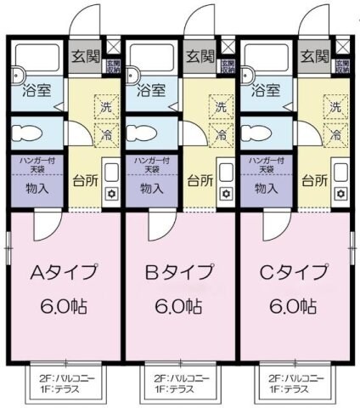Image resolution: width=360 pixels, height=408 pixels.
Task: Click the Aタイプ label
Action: [x=65, y=274]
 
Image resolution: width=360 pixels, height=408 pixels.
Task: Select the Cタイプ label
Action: [x=293, y=274]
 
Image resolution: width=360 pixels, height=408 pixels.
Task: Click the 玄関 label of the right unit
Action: [x=314, y=57]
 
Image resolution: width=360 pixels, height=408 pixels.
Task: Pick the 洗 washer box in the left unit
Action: [x=106, y=108]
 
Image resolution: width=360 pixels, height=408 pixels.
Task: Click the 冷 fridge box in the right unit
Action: [x=335, y=134]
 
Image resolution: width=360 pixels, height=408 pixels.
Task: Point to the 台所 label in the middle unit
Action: [x=199, y=181]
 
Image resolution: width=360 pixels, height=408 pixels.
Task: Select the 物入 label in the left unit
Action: [x=37, y=189]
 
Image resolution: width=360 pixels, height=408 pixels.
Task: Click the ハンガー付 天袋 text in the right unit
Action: [x=266, y=165]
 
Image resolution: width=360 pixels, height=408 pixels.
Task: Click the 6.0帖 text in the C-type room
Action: [x=293, y=307]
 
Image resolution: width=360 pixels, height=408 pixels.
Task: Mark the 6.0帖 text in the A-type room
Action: [x=65, y=307]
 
